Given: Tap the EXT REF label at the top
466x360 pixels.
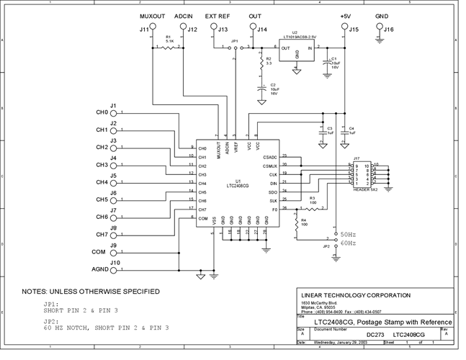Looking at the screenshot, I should (218, 15).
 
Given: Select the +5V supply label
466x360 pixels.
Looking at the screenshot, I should (345, 15).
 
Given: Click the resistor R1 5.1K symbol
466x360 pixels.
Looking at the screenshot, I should (168, 48).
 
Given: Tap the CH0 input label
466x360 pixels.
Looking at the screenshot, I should (101, 113).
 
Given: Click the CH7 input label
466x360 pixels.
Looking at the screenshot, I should (101, 235).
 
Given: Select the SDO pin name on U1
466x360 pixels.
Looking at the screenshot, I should (272, 192).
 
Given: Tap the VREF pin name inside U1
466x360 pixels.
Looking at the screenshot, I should (236, 148).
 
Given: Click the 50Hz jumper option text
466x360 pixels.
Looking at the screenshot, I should (347, 235).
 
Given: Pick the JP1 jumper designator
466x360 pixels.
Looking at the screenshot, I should (235, 41).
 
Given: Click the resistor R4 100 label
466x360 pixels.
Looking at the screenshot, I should (303, 222).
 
